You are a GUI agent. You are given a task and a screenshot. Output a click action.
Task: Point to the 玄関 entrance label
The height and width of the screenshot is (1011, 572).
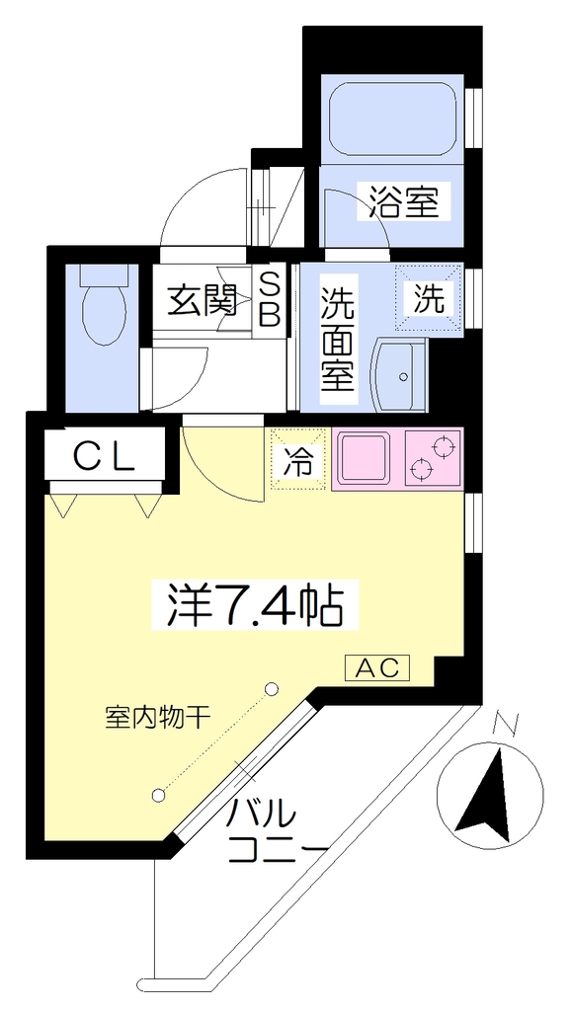(202, 300)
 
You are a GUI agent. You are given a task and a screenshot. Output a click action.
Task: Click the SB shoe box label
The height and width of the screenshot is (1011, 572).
(271, 301)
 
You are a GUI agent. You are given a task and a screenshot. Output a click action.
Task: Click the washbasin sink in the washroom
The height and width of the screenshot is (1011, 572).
(399, 376)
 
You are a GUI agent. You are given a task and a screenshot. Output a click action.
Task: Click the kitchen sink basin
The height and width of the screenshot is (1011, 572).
(365, 458)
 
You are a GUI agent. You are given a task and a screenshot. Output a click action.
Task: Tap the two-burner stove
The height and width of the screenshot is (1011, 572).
(434, 458)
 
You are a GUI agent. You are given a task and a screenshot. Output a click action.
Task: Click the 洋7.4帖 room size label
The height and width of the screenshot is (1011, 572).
(254, 606)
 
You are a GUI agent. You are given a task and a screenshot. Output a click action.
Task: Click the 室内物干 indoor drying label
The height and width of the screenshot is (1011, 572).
(159, 717)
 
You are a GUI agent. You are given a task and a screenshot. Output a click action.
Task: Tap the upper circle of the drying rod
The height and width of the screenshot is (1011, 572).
(272, 689)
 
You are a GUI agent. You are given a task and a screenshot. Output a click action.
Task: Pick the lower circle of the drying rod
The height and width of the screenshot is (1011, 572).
(159, 796)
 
